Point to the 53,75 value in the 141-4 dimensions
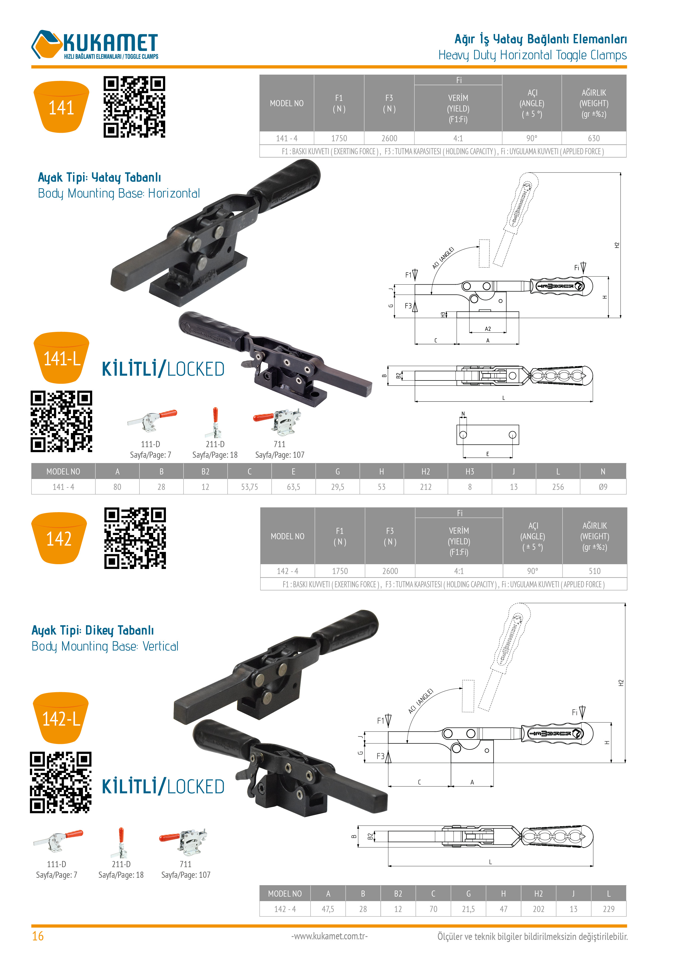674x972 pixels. click(250, 487)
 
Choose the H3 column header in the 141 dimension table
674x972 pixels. click(470, 471)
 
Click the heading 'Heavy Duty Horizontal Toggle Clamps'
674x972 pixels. click(532, 55)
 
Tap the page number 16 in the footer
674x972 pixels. click(38, 936)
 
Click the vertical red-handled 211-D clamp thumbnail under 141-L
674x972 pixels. click(215, 422)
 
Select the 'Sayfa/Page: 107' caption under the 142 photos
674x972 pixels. click(186, 875)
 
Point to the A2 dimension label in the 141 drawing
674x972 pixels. click(488, 329)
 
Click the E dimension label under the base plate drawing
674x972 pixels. click(488, 454)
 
